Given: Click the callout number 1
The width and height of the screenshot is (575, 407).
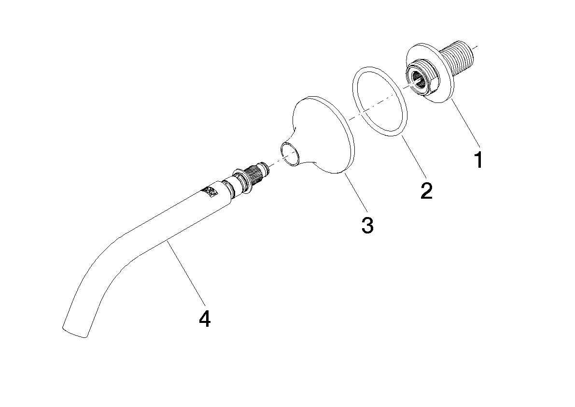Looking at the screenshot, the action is tap(478, 160).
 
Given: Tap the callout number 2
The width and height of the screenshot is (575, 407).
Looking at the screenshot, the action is tap(426, 191).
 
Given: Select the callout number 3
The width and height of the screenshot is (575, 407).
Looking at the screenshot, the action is tap(367, 225).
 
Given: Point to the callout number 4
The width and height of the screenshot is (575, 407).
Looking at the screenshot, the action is tap(205, 319).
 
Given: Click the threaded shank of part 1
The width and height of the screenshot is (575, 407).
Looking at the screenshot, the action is tap(461, 58).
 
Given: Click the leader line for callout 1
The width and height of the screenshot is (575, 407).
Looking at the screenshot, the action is tap(465, 123).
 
